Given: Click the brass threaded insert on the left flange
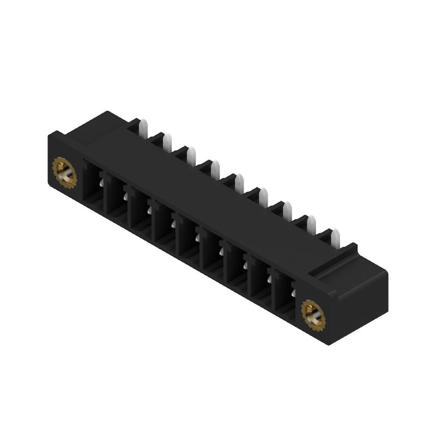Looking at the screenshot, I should coord(65,173).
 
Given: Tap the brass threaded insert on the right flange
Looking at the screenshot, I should coord(313,314).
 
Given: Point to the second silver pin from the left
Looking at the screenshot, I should coord(167,143).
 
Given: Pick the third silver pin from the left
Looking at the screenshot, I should coord(191,156).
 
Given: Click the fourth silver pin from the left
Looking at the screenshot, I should coord(215,169).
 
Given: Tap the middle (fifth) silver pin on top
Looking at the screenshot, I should coord(239,183).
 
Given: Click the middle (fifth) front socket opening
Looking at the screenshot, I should coord(187,239).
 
